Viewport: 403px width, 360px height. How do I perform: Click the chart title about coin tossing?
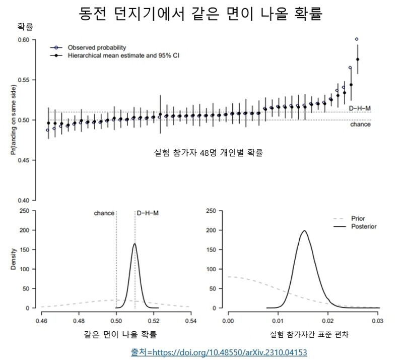201,14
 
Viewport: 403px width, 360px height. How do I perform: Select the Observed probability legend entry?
93,47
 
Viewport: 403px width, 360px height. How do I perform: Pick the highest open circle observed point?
357,39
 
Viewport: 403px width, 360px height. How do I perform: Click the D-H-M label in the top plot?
360,108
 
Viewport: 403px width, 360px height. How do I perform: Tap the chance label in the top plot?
360,124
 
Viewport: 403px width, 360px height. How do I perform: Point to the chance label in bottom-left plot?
104,213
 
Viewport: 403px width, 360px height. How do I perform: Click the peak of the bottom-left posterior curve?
135,244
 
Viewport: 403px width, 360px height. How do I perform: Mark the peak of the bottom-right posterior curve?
304,231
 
